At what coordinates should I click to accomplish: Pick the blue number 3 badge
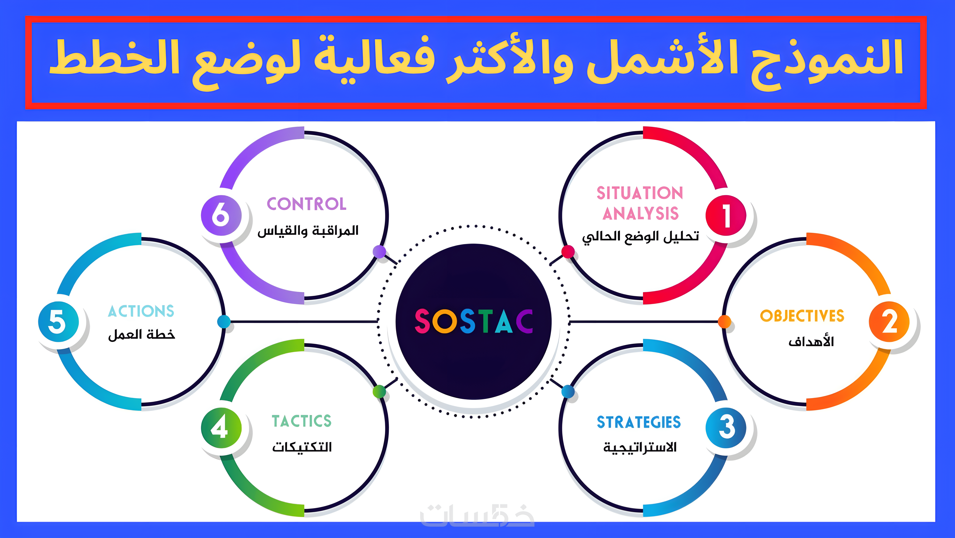[x=726, y=428]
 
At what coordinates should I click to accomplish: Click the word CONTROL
[x=307, y=204]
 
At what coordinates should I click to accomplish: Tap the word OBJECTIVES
[x=802, y=316]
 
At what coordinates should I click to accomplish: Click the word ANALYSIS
[x=641, y=214]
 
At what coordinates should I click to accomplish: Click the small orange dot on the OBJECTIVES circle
[x=724, y=321]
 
